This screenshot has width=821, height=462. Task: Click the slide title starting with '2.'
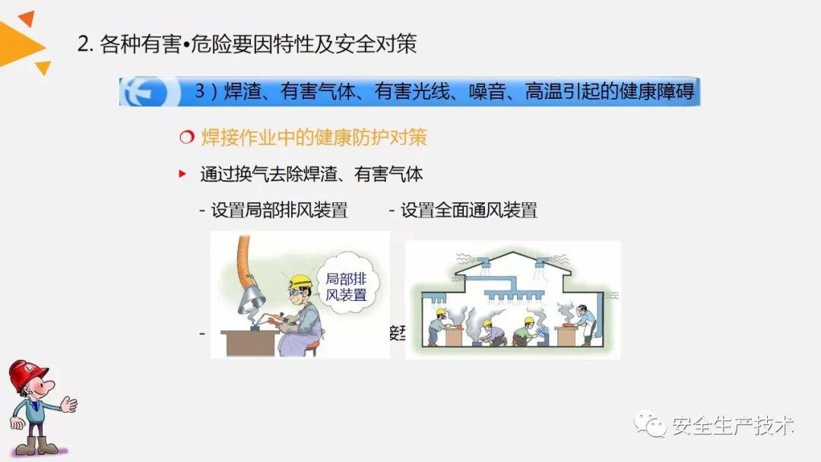pyautogui.click(x=247, y=44)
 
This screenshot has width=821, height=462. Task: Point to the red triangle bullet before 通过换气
pyautogui.click(x=182, y=174)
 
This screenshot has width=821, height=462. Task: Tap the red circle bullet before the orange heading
pyautogui.click(x=186, y=138)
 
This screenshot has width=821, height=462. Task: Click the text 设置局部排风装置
pyautogui.click(x=279, y=210)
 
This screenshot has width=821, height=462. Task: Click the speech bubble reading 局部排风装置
pyautogui.click(x=347, y=286)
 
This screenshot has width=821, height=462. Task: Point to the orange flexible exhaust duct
pyautogui.click(x=244, y=255)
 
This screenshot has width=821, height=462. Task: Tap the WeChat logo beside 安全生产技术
pyautogui.click(x=651, y=424)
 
